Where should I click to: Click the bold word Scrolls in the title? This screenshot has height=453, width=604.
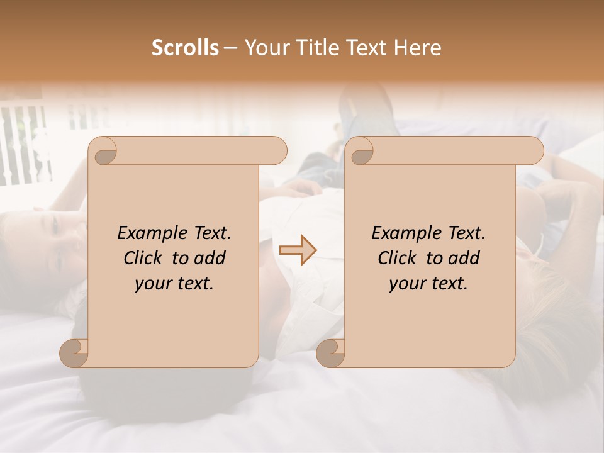184,48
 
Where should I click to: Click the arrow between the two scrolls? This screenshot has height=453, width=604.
298,250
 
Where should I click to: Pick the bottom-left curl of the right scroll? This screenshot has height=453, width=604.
330,353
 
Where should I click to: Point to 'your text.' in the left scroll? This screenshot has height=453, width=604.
174,284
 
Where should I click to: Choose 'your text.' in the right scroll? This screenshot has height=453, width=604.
428,284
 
